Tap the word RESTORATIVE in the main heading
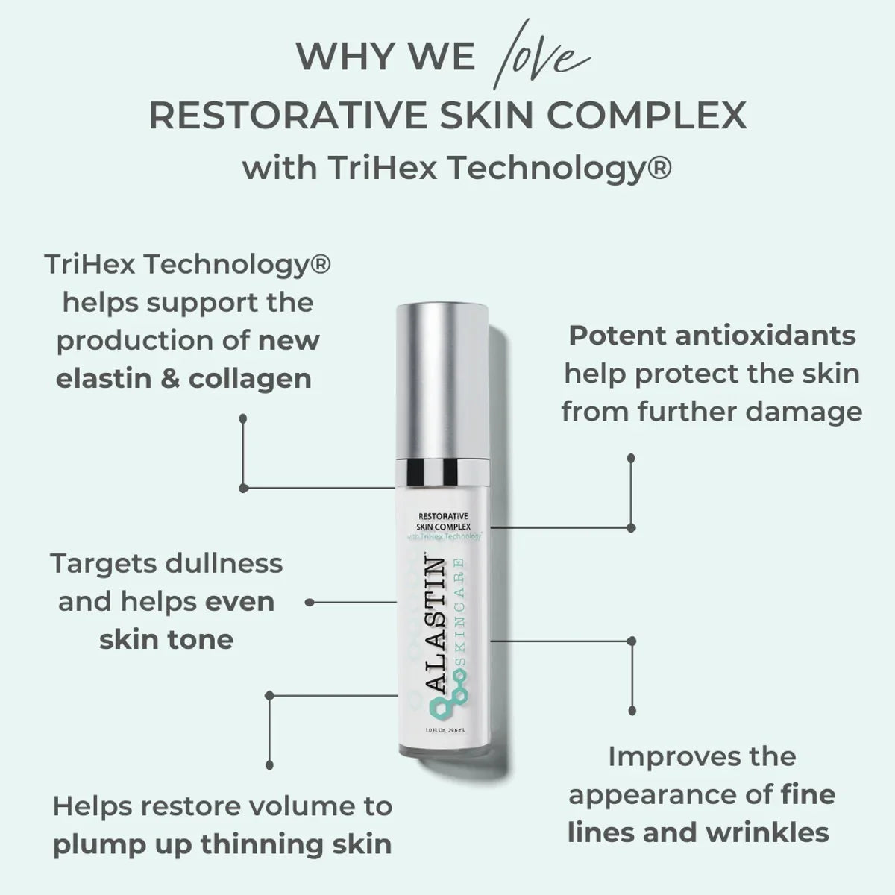point(288,114)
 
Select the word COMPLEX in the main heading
point(647,114)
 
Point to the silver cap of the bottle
point(442,381)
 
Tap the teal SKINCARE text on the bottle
point(459,614)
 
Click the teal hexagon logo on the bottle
point(447,695)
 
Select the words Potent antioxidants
point(712,336)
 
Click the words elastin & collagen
point(184,379)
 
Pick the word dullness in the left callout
point(224,563)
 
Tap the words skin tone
point(166,639)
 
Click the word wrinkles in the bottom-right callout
point(767,832)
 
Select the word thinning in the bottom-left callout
point(263,844)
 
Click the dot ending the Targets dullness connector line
point(310,603)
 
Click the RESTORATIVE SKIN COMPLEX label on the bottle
point(444,521)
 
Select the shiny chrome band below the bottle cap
point(442,472)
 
